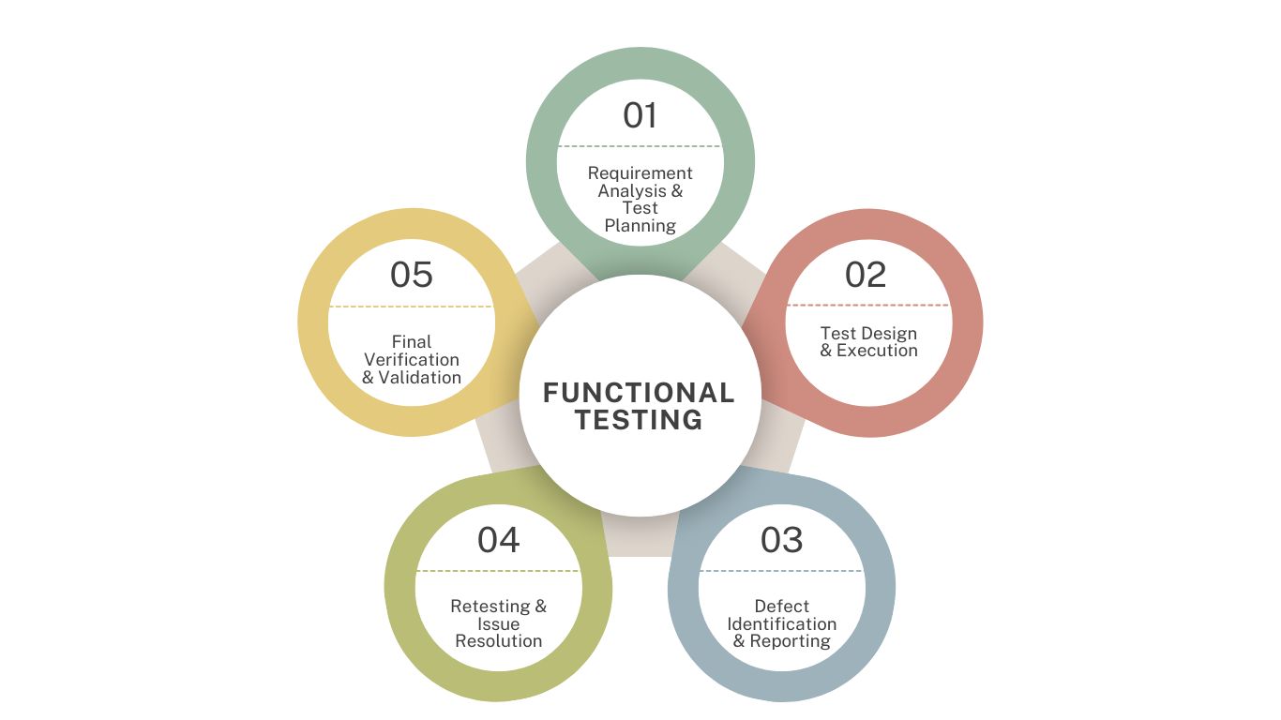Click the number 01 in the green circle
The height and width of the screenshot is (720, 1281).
(640, 115)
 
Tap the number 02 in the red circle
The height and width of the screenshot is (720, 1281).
(866, 275)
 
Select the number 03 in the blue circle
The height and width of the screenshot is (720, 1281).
(781, 540)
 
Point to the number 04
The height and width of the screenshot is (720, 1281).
(498, 540)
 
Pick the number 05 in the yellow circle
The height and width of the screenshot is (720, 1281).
(412, 275)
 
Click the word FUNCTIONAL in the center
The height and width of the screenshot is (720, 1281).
(640, 393)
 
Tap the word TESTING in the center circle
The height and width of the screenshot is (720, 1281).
(640, 420)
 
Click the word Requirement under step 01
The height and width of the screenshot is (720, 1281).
(640, 173)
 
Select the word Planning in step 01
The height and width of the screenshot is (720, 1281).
(640, 225)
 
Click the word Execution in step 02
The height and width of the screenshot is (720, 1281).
(878, 351)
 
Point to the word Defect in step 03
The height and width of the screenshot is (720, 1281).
(781, 607)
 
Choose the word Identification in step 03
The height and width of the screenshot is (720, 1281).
(781, 623)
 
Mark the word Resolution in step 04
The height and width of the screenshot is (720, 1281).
(498, 641)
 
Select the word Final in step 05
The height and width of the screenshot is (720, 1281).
(412, 342)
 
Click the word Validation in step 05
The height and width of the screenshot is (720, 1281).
(420, 378)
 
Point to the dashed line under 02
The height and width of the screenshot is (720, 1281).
(867, 305)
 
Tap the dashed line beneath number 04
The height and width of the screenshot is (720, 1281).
(498, 571)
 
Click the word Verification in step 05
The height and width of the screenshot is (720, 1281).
(412, 360)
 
